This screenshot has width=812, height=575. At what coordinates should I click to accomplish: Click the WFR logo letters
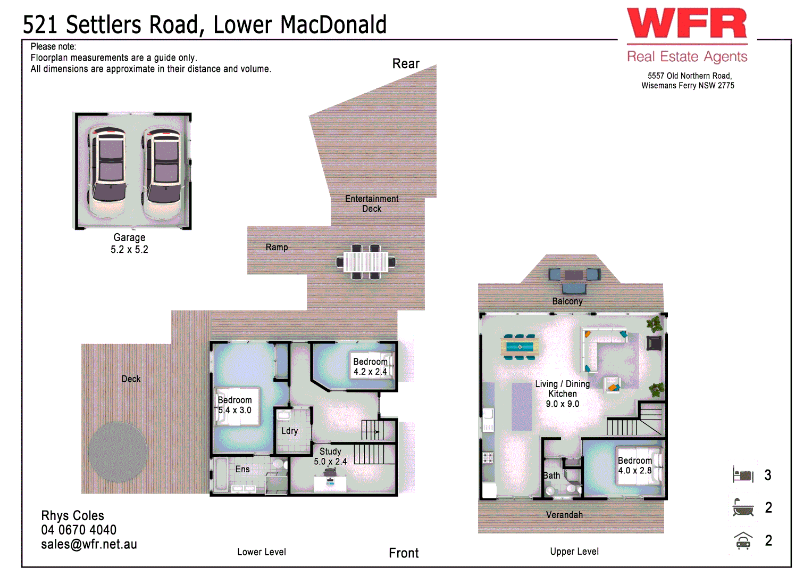tap(687, 24)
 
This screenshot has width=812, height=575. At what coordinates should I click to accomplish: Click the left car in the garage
tap(108, 171)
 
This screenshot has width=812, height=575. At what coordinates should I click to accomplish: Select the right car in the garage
tap(162, 171)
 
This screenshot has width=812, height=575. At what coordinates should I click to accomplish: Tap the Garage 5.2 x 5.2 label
tap(129, 243)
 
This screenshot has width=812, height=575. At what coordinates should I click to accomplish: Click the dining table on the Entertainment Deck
tap(366, 261)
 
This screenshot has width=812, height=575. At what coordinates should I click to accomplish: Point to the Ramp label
tap(277, 247)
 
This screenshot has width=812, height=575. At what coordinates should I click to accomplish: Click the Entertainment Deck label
tap(372, 203)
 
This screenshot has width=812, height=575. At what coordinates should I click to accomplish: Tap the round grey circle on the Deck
tap(118, 451)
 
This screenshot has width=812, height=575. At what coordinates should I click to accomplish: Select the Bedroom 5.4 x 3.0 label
tap(235, 405)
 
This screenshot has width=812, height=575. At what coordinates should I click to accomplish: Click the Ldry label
tap(289, 431)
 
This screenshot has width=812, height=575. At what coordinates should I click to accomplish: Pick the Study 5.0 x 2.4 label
tap(330, 456)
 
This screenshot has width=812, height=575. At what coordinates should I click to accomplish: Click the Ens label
tap(242, 469)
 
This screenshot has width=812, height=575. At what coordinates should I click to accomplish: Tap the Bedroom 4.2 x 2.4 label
tap(371, 366)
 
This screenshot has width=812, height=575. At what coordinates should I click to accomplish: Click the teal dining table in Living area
tap(520, 347)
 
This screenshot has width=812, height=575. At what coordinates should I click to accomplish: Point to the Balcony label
tap(567, 301)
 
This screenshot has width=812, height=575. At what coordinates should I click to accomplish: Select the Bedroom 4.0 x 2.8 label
tap(634, 465)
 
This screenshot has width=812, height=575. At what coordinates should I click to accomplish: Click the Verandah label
tap(564, 515)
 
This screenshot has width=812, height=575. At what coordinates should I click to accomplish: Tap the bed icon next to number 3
tap(743, 474)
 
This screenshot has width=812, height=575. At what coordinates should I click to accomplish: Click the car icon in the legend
tap(743, 541)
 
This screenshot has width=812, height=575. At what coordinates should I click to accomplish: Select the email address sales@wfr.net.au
tap(89, 544)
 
